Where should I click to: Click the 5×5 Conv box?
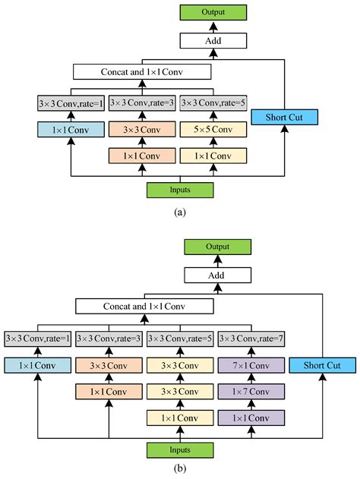point(213,130)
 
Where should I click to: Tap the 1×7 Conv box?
point(251,392)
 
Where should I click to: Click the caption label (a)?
point(179,212)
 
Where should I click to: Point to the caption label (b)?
point(179,470)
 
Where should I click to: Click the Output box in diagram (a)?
point(213,12)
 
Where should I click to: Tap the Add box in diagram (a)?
point(213,41)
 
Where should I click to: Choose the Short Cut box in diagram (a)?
point(282,117)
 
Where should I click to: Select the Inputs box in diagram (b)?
point(180,449)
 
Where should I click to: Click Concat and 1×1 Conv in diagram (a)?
point(142,72)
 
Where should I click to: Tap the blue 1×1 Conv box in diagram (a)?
point(69,130)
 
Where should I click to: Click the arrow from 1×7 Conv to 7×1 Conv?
point(251,380)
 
